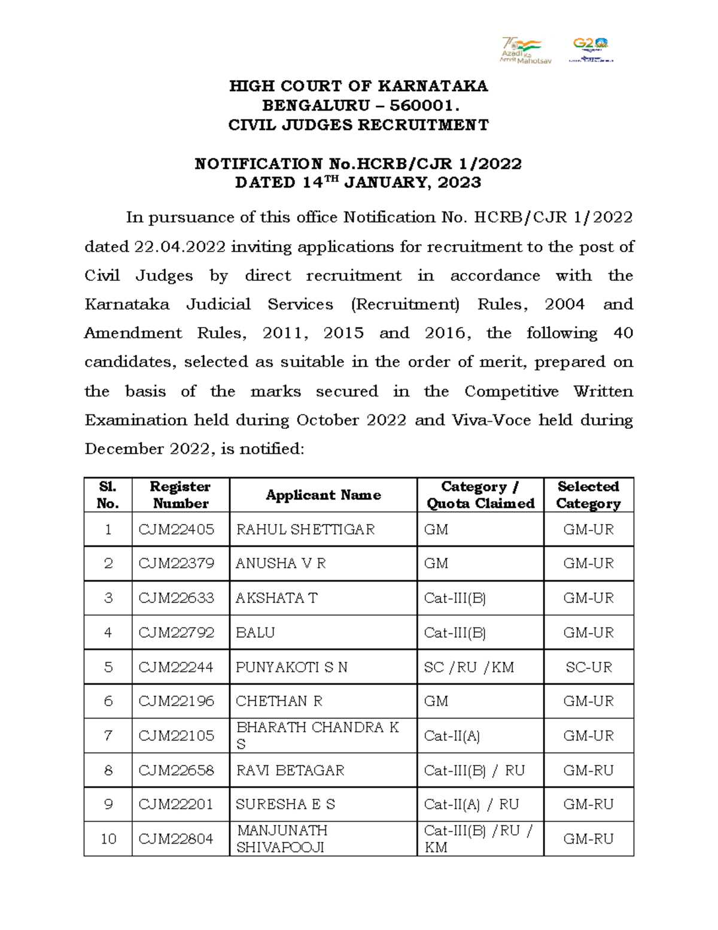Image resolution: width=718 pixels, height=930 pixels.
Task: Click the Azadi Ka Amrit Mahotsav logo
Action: [x=525, y=50]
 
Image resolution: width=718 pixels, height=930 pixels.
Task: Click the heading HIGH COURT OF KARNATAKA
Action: [x=358, y=86]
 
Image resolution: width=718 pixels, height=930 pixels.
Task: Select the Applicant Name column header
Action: [x=323, y=495]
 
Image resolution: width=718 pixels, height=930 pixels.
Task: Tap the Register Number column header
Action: [x=180, y=495]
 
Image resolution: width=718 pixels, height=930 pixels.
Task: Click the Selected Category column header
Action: [x=588, y=495]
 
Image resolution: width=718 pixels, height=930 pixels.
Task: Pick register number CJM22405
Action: [x=176, y=529]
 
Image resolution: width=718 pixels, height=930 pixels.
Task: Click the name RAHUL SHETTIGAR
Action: [x=305, y=529]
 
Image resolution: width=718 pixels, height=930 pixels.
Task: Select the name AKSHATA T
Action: [x=276, y=598]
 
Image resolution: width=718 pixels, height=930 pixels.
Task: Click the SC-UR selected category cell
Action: [x=588, y=667]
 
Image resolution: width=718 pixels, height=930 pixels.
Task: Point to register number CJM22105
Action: [x=176, y=736]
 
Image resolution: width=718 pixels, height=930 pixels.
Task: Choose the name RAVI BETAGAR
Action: [x=290, y=770]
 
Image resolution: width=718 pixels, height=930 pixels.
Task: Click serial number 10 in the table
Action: [x=108, y=839]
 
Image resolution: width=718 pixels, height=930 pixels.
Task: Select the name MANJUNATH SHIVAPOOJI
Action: [x=282, y=839]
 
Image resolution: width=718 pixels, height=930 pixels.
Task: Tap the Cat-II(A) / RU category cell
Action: [x=471, y=804]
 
